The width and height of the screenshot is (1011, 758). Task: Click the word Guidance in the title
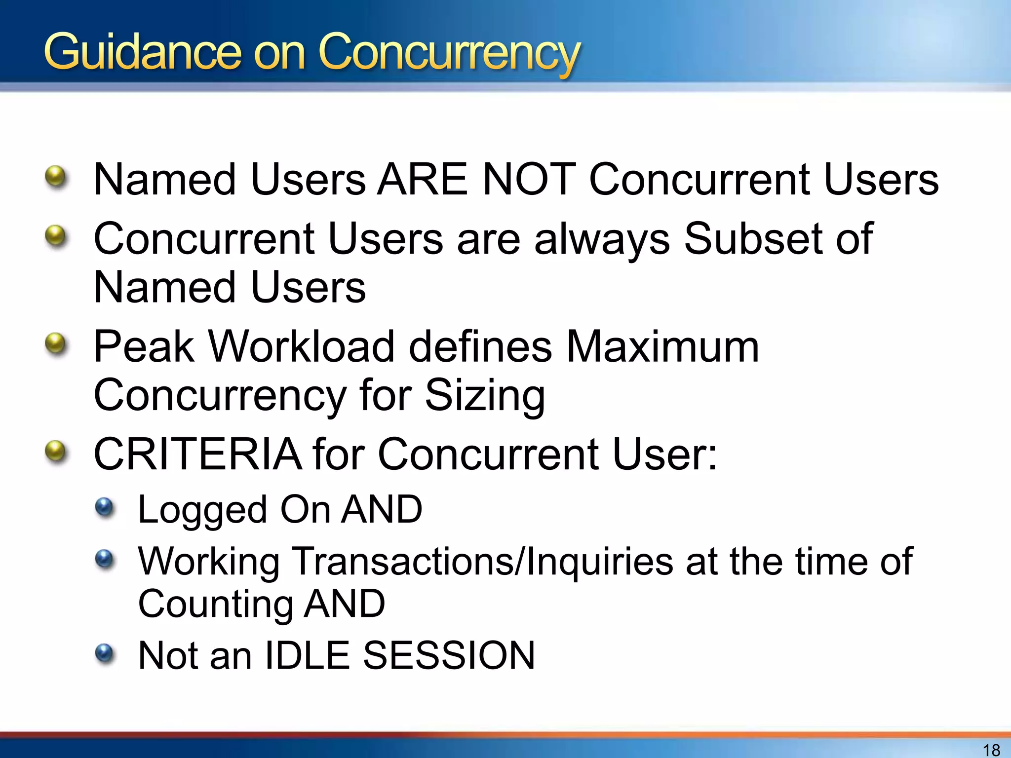142,52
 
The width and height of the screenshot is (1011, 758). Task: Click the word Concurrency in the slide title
449,53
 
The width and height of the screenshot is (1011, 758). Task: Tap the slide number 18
991,750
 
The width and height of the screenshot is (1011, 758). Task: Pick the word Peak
143,346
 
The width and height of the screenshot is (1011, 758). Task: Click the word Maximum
662,346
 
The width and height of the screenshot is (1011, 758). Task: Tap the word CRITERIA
197,454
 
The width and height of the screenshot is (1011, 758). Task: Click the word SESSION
449,655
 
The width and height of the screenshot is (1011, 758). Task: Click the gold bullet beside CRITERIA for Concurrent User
55,451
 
